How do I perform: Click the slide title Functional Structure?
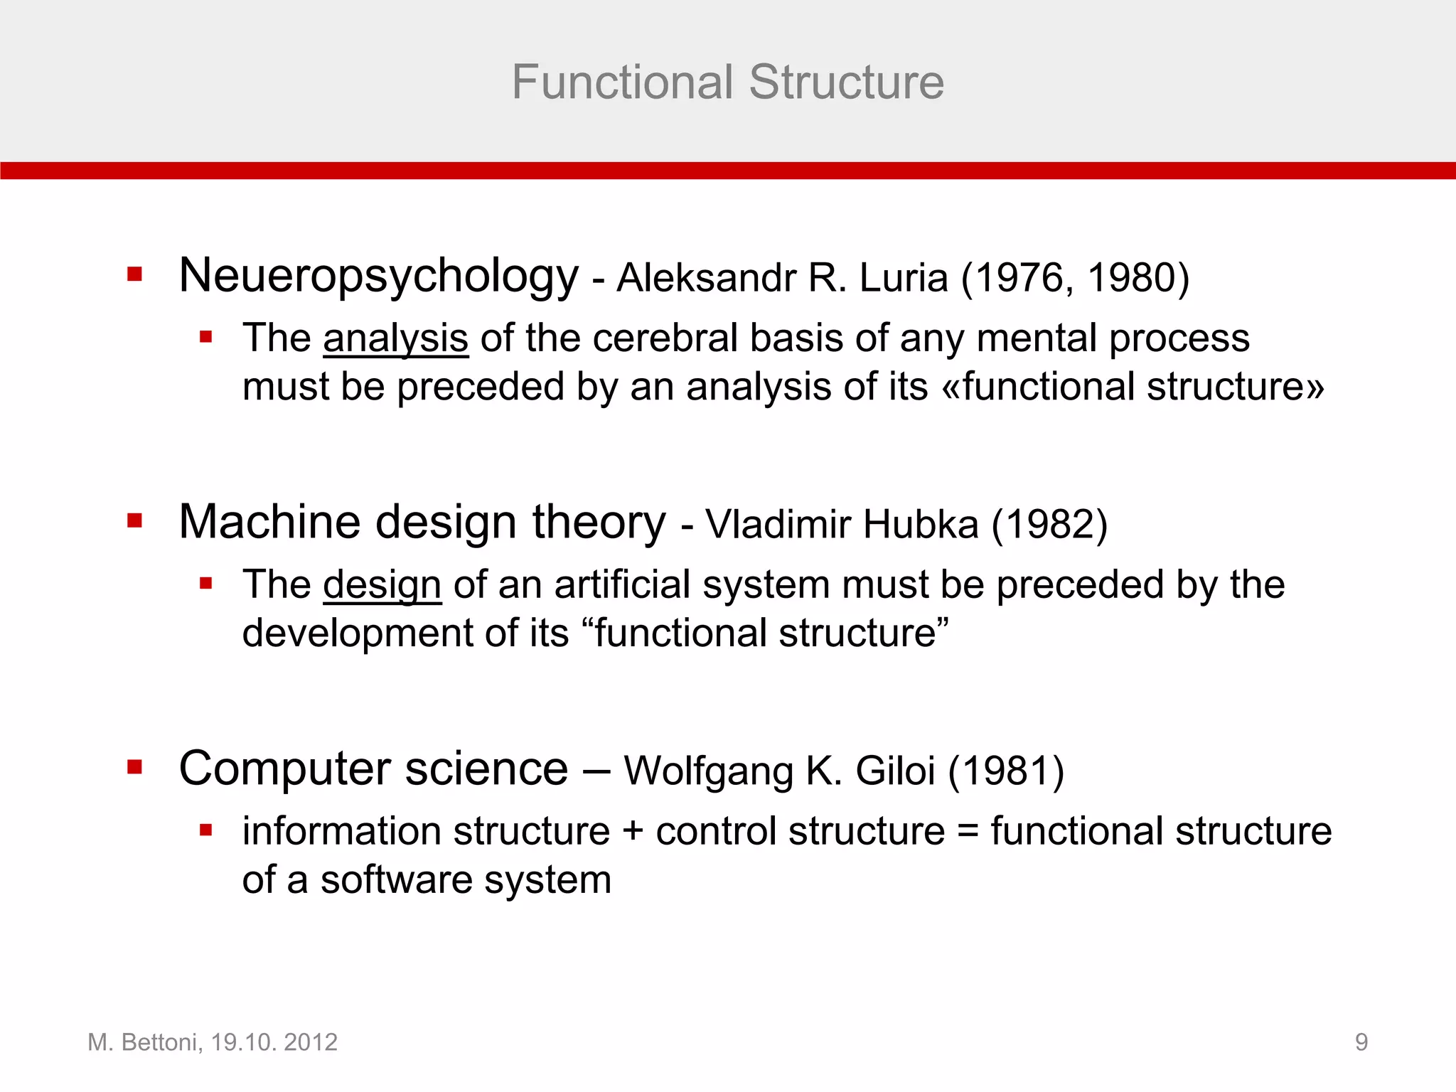pyautogui.click(x=727, y=82)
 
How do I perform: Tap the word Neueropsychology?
pyautogui.click(x=379, y=276)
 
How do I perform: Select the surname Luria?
pyautogui.click(x=904, y=277)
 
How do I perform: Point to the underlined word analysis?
pyautogui.click(x=395, y=338)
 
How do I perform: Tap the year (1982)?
pyautogui.click(x=1049, y=525)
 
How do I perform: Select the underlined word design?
pyautogui.click(x=382, y=586)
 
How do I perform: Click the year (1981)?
pyautogui.click(x=1006, y=771)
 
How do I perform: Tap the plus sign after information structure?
pyautogui.click(x=633, y=832)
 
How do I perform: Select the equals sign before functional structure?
pyautogui.click(x=968, y=832)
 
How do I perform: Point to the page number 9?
pyautogui.click(x=1361, y=1042)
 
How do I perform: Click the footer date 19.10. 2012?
pyautogui.click(x=274, y=1042)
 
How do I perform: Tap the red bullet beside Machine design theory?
pyautogui.click(x=134, y=522)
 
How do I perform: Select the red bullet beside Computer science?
pyautogui.click(x=134, y=767)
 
